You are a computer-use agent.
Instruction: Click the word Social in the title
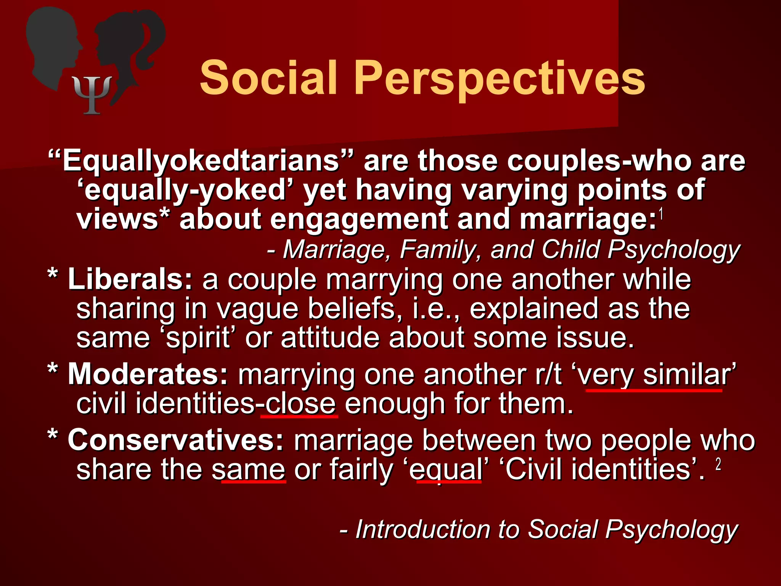click(268, 78)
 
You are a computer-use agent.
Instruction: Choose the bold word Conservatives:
click(176, 440)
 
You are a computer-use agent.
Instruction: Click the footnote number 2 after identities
click(718, 464)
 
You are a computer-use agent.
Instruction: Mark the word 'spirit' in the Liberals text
click(198, 338)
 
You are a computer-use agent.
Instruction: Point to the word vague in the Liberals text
click(257, 309)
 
